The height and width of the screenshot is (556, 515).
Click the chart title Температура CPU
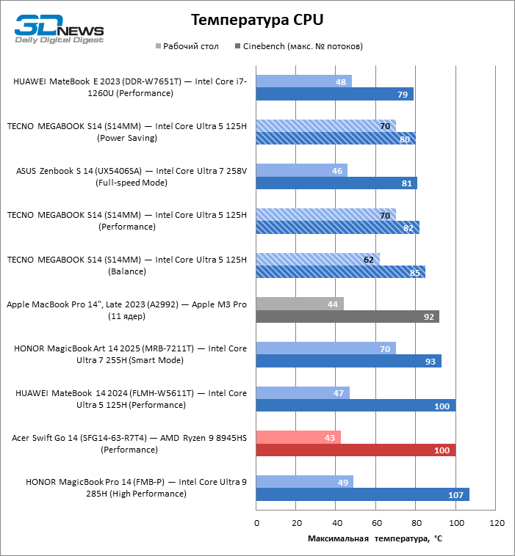point(257,19)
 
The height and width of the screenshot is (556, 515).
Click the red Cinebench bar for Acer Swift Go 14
point(356,450)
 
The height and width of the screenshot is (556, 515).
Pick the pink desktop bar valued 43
point(298,438)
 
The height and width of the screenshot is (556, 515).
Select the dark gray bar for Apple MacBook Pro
point(347,316)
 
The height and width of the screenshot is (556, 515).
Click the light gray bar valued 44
point(300,304)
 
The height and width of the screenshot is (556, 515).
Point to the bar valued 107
point(362,495)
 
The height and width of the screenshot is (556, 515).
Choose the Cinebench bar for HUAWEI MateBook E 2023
point(334,94)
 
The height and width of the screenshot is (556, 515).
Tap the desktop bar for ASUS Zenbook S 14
point(301,170)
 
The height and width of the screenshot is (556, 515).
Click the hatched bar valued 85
point(340,272)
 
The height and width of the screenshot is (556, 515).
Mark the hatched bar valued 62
point(317,259)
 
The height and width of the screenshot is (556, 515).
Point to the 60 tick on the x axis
point(376,524)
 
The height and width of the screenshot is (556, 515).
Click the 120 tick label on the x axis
point(497,524)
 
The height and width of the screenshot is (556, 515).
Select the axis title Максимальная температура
point(375,539)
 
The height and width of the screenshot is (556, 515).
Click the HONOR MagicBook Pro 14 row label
point(136,489)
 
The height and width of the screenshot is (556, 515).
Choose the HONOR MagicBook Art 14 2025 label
point(130,354)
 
